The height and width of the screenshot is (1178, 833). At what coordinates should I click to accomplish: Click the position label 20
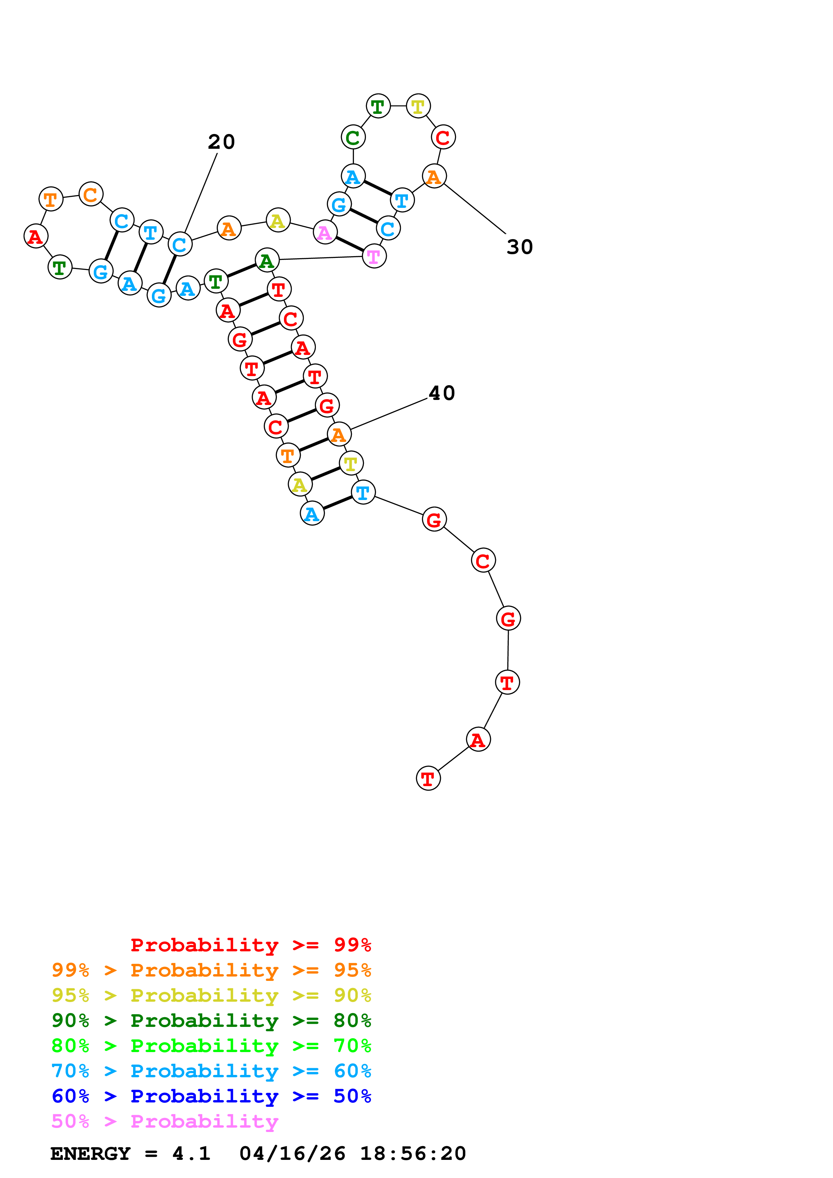pyautogui.click(x=221, y=142)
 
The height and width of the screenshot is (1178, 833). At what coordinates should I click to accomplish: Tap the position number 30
pyautogui.click(x=519, y=247)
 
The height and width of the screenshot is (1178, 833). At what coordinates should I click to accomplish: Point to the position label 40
pyautogui.click(x=442, y=393)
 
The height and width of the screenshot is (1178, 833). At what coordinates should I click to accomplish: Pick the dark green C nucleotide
pyautogui.click(x=353, y=137)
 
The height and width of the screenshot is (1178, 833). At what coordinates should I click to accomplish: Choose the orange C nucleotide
pyautogui.click(x=91, y=194)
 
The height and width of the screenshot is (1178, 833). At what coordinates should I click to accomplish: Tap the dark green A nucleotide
pyautogui.click(x=267, y=260)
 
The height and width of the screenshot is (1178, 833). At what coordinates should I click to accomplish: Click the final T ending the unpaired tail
pyautogui.click(x=428, y=778)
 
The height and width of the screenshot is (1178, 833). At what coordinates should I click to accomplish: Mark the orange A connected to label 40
pyautogui.click(x=339, y=434)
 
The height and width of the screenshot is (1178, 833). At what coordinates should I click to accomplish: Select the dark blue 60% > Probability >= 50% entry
pyautogui.click(x=211, y=1096)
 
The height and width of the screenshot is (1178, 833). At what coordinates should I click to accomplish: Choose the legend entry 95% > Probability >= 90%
pyautogui.click(x=211, y=995)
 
